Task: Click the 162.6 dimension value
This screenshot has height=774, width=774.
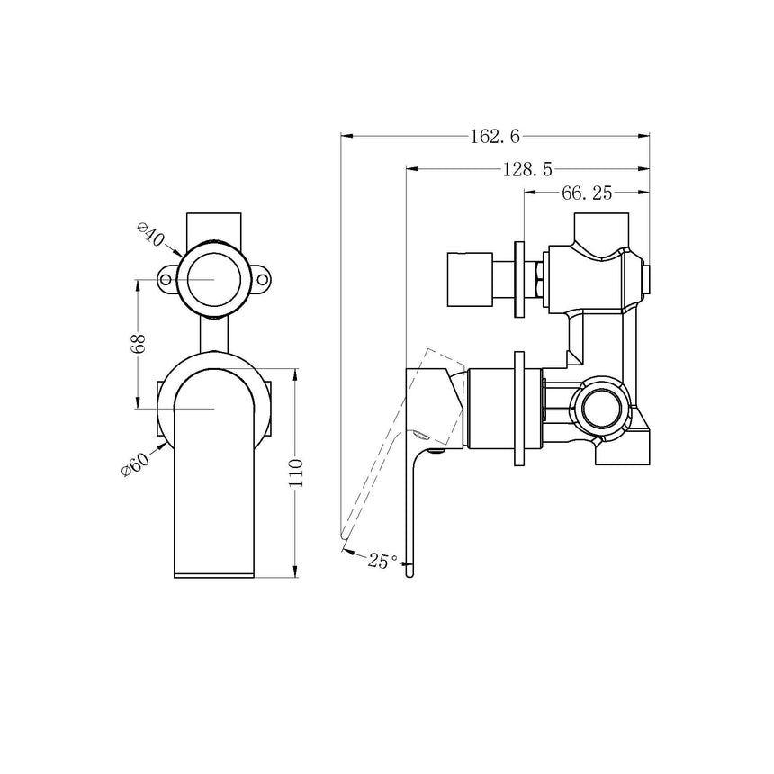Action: (x=495, y=137)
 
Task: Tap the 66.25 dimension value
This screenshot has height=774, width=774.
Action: (x=587, y=193)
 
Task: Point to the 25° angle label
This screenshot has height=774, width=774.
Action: (x=382, y=561)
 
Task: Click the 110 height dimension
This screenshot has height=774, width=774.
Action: (x=296, y=472)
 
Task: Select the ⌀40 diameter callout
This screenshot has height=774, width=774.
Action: (x=151, y=237)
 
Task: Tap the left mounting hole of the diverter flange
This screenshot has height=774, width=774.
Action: (x=166, y=280)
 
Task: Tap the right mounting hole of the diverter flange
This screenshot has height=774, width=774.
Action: (x=262, y=280)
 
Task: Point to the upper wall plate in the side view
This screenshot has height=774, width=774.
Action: (x=519, y=280)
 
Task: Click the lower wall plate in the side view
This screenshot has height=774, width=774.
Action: (x=519, y=408)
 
